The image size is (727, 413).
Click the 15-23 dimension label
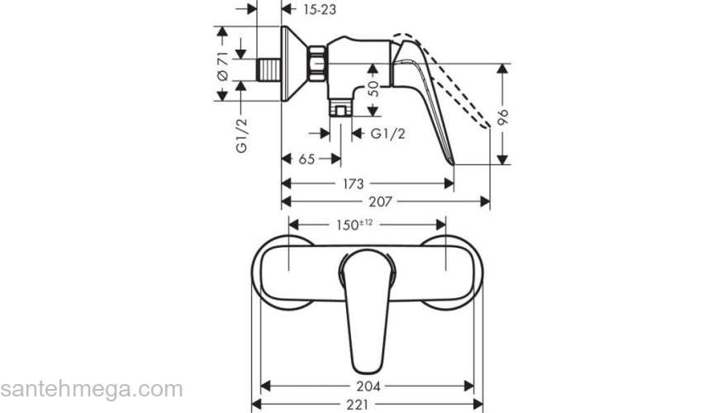coord(318,10)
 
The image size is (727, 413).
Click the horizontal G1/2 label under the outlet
coord(387,134)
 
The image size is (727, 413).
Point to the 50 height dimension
coord(373,86)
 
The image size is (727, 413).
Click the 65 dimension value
coord(306,159)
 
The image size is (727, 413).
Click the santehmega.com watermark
coord(91,389)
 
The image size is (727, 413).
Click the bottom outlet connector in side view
coord(340,107)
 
